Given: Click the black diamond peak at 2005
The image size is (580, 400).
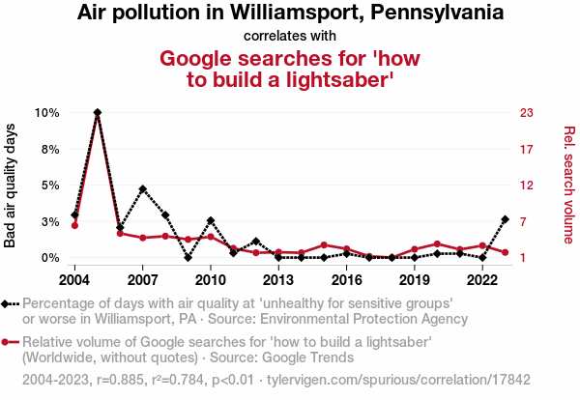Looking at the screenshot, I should tap(98, 112).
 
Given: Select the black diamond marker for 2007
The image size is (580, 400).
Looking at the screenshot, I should tap(143, 188).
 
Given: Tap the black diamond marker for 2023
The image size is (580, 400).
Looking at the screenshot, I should tap(506, 219).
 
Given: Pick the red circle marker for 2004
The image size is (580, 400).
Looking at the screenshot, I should tap(74, 225).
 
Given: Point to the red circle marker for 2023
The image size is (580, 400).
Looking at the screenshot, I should tap(506, 252).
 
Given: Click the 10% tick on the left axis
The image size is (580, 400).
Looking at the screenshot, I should tap(47, 112).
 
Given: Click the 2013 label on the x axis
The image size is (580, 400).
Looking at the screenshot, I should tap(278, 279).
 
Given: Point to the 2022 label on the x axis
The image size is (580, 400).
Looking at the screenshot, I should tap(482, 279).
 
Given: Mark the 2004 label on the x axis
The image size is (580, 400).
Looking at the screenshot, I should tap(74, 279).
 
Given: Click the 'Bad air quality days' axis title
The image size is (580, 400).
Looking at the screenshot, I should tap(12, 185).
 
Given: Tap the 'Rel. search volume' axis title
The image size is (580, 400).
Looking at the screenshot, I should tap(568, 185).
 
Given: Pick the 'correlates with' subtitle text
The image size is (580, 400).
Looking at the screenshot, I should tap(290, 36).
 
